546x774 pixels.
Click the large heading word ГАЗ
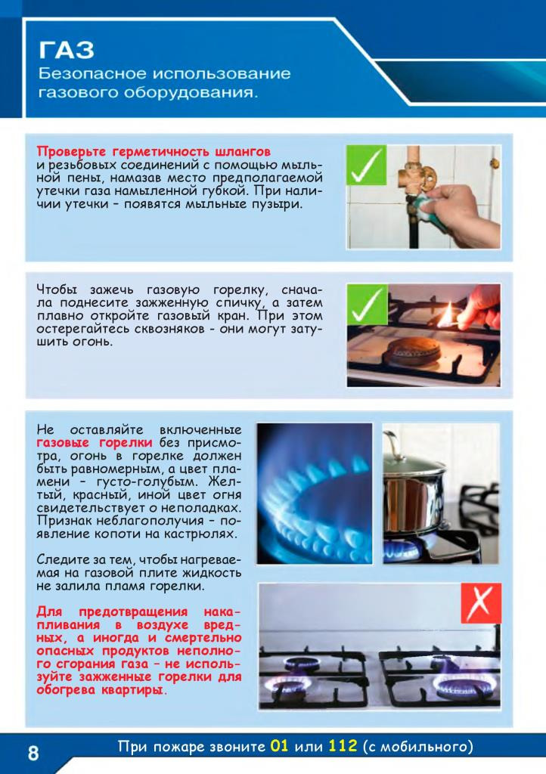pyautogui.click(x=66, y=50)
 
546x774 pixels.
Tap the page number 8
pyautogui.click(x=33, y=754)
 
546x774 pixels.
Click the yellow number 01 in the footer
pyautogui.click(x=279, y=745)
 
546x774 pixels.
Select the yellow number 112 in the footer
pyautogui.click(x=343, y=745)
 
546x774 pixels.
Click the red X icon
pyautogui.click(x=481, y=602)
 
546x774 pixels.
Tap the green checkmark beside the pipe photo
pyautogui.click(x=366, y=166)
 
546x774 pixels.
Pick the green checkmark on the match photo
pyautogui.click(x=367, y=304)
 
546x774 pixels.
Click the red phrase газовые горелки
pyautogui.click(x=95, y=443)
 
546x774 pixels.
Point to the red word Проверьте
pyautogui.click(x=71, y=151)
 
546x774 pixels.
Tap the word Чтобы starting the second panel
pyautogui.click(x=57, y=289)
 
